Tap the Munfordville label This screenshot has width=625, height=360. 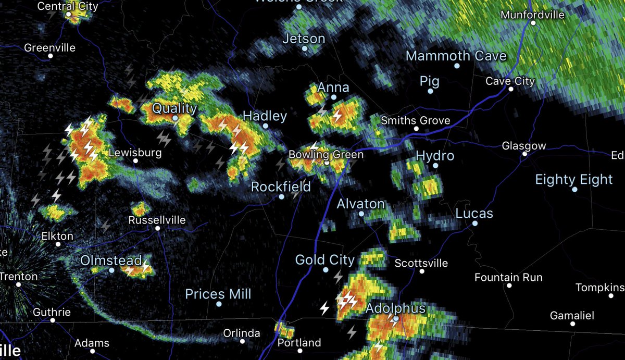[532, 15]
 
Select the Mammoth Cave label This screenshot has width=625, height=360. [456, 56]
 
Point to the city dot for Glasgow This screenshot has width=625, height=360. [525, 154]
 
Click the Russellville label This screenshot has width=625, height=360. [157, 220]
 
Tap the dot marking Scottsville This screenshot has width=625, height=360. [421, 271]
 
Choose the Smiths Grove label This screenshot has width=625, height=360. [415, 121]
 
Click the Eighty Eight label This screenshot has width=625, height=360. [574, 180]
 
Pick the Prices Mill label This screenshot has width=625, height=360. [218, 294]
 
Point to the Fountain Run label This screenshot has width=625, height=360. [508, 278]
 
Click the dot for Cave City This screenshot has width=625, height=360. [511, 89]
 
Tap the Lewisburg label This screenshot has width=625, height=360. [135, 153]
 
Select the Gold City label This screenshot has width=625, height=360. [324, 259]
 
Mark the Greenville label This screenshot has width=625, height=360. [50, 47]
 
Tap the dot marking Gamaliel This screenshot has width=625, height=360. [572, 324]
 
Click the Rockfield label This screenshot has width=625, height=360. [281, 187]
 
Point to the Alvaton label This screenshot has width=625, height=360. [360, 204]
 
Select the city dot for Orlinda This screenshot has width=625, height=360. [242, 341]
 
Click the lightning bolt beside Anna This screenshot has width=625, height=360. [338, 115]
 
